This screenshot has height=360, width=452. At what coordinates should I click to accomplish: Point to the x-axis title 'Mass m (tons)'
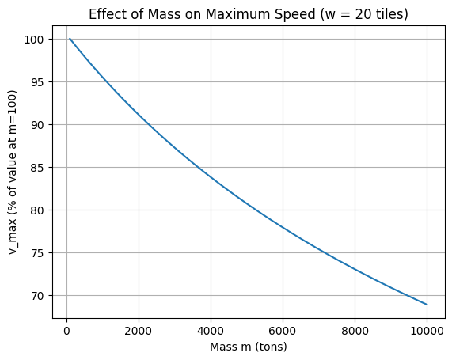[x=249, y=347]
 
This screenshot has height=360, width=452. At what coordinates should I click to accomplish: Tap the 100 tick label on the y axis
[x=36, y=40]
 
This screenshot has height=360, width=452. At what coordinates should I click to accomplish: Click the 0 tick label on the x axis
[x=66, y=330]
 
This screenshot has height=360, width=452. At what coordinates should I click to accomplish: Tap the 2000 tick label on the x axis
[x=139, y=330]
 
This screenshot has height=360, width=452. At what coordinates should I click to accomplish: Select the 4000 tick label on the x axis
[x=211, y=330]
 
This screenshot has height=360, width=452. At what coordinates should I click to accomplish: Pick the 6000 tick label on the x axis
[x=283, y=330]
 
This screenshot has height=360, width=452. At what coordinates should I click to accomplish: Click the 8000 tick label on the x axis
[x=355, y=330]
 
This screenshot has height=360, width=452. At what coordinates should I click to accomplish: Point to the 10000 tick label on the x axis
[x=427, y=330]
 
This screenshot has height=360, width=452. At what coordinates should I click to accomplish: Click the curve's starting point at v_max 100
[x=70, y=39]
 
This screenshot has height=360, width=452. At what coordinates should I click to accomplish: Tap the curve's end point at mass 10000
[x=427, y=305]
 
